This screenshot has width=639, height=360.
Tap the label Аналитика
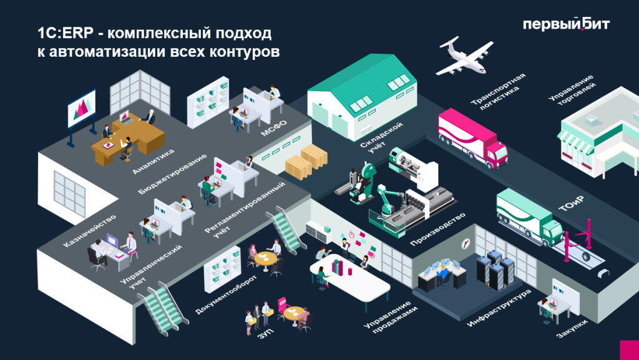[x=153, y=161]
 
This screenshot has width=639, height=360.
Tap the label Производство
[x=438, y=228]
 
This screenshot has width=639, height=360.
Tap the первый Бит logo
[x=565, y=24]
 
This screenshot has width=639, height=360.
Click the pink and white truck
[x=471, y=139]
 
